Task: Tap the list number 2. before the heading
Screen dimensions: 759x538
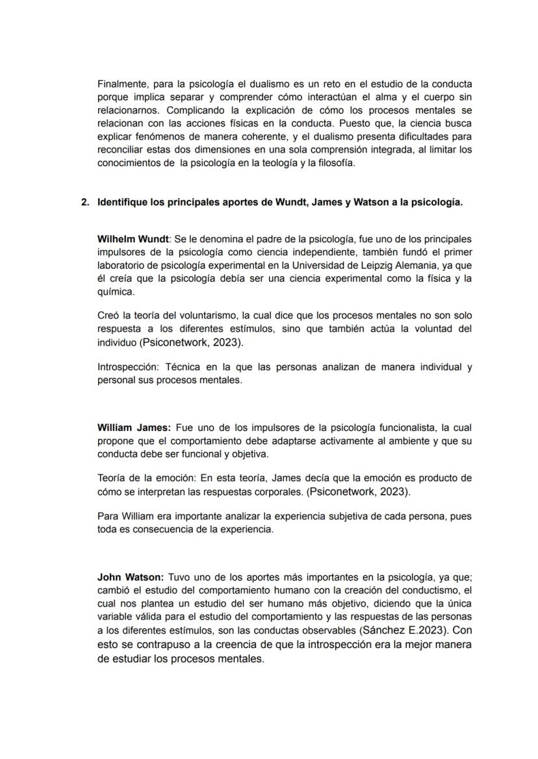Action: pos(85,202)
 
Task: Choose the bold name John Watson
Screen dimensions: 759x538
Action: pos(131,577)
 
